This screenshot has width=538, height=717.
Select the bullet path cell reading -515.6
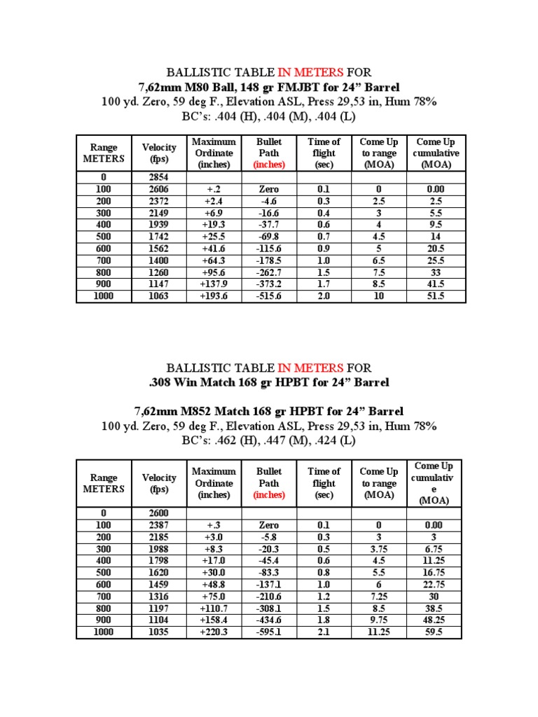(x=269, y=296)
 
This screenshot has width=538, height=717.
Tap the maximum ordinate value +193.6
(x=214, y=296)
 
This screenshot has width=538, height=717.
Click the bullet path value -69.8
(x=269, y=237)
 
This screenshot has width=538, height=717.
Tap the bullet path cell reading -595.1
(x=269, y=632)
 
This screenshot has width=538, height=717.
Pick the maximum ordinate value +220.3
(x=214, y=632)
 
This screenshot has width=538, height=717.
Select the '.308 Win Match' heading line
(x=268, y=382)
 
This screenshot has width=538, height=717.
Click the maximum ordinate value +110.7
(x=214, y=608)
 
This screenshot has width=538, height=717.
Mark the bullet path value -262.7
(x=269, y=272)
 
